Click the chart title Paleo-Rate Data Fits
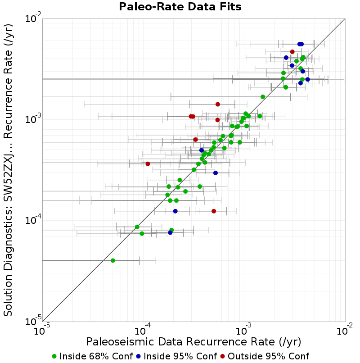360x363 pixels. [x=180, y=7]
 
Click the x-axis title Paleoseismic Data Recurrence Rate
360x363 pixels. [x=193, y=342]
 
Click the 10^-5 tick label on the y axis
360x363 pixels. [x=33, y=320]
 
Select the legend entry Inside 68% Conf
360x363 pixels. [x=93, y=356]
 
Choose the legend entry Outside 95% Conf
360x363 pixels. [x=265, y=356]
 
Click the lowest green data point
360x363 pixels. [x=113, y=261]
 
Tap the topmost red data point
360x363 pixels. [x=292, y=52]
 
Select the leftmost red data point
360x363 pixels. [x=148, y=164]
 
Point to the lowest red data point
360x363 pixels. [x=214, y=211]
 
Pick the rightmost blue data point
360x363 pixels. [x=307, y=80]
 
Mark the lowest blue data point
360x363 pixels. [x=170, y=233]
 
